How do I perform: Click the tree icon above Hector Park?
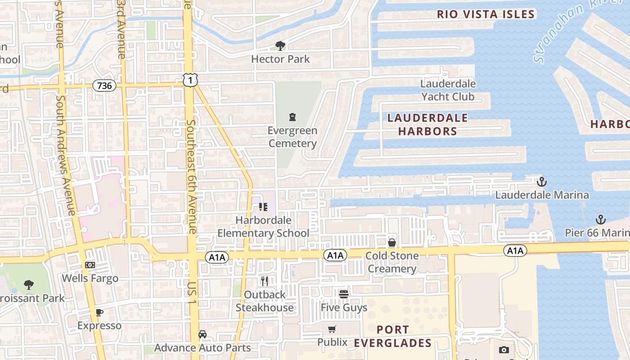280,45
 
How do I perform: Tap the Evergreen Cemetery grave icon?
292,117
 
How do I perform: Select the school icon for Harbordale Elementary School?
263,207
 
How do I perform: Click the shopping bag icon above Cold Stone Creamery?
392,243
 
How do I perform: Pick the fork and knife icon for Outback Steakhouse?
265,281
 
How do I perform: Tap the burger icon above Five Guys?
344,294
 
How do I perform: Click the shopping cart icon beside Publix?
332,329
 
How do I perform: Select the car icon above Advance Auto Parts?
202,334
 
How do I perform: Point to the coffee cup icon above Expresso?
99,312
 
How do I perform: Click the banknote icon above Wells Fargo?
90,265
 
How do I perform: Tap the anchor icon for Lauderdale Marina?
542,182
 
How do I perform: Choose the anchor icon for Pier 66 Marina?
600,220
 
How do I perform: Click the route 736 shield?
104,85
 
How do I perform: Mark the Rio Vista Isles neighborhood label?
486,14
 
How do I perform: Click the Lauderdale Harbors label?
427,125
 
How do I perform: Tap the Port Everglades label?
393,336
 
